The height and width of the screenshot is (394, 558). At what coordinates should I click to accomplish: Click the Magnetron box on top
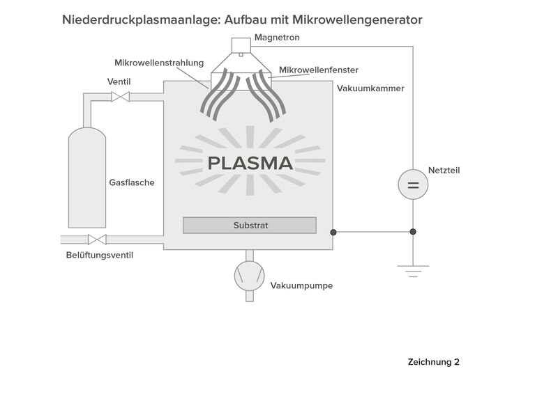coord(241,45)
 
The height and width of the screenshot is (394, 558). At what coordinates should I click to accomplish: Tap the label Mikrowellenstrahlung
coord(159,63)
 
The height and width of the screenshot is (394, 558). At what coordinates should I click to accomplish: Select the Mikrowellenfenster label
coord(319,70)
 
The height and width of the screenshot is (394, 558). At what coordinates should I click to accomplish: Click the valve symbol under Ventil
coord(120,96)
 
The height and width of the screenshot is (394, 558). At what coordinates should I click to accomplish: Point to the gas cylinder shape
coord(87,178)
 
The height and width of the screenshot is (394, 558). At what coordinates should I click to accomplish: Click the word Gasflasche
coord(132,182)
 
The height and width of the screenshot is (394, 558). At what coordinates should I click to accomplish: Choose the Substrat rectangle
coord(250,226)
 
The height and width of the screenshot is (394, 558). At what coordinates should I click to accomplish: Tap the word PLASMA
coord(250,163)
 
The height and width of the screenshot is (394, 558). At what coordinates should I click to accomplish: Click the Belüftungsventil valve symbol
coord(97,239)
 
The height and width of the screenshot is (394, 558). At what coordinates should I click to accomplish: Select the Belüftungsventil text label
coord(100,255)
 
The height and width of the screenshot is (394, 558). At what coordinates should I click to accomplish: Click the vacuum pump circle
coord(250,276)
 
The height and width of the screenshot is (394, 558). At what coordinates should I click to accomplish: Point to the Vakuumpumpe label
coord(301,285)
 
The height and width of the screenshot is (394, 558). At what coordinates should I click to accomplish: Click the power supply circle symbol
coord(413,184)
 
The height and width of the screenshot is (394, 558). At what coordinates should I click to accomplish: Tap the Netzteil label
coord(444,170)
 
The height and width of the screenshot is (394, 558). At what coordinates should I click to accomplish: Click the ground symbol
coord(413,271)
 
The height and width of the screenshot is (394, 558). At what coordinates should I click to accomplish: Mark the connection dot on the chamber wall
coord(333,233)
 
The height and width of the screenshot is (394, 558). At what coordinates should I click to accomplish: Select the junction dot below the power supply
coord(413,232)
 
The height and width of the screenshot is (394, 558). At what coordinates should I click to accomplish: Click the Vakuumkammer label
coord(370,88)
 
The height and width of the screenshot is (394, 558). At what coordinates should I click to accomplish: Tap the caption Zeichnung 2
coord(433,362)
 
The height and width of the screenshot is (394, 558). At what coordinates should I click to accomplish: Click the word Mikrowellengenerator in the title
coord(357,20)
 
